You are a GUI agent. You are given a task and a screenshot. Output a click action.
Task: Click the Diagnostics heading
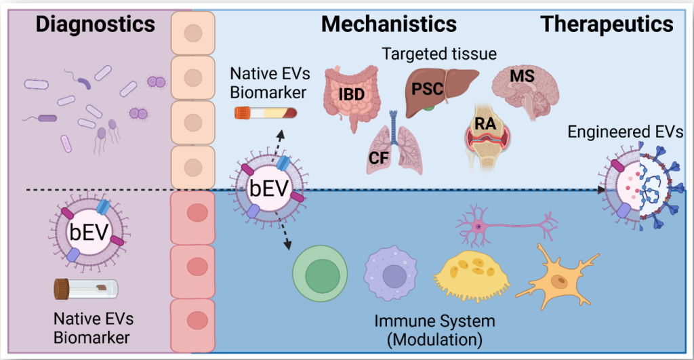click(x=95, y=24)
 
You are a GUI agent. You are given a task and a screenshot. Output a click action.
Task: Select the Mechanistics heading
click(x=388, y=24)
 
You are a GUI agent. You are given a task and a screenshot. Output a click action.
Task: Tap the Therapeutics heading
click(x=607, y=24)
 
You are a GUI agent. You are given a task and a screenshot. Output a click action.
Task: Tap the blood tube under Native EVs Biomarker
click(x=266, y=113)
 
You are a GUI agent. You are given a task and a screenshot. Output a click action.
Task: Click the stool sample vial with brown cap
click(x=86, y=289)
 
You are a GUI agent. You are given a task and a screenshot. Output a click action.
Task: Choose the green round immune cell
click(x=320, y=275)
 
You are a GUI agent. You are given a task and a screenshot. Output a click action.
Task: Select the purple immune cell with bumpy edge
click(x=390, y=274)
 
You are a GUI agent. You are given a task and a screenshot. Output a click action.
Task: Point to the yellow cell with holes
click(x=472, y=275)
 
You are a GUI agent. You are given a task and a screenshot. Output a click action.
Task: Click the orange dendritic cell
click(x=558, y=278)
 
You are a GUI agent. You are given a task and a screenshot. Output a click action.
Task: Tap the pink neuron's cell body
click(x=478, y=226)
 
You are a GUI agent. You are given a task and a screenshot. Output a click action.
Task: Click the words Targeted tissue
click(x=439, y=54)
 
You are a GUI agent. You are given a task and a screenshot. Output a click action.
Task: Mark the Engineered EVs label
click(x=626, y=132)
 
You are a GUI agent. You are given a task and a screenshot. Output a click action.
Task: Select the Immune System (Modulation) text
click(x=434, y=330)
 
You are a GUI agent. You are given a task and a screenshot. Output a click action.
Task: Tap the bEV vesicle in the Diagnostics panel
click(x=89, y=232)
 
